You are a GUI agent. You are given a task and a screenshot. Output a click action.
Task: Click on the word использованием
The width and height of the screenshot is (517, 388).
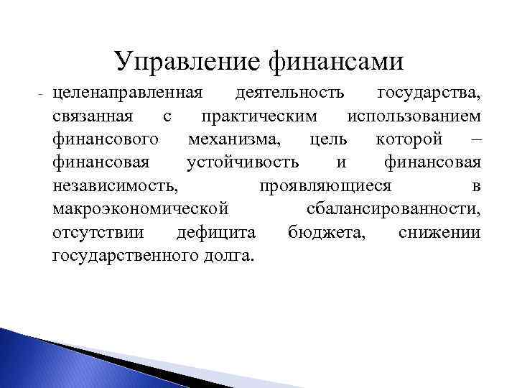(414, 116)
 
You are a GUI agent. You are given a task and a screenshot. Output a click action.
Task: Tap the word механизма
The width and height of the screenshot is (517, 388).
(234, 139)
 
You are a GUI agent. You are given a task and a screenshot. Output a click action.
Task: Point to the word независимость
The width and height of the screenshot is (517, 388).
(115, 186)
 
